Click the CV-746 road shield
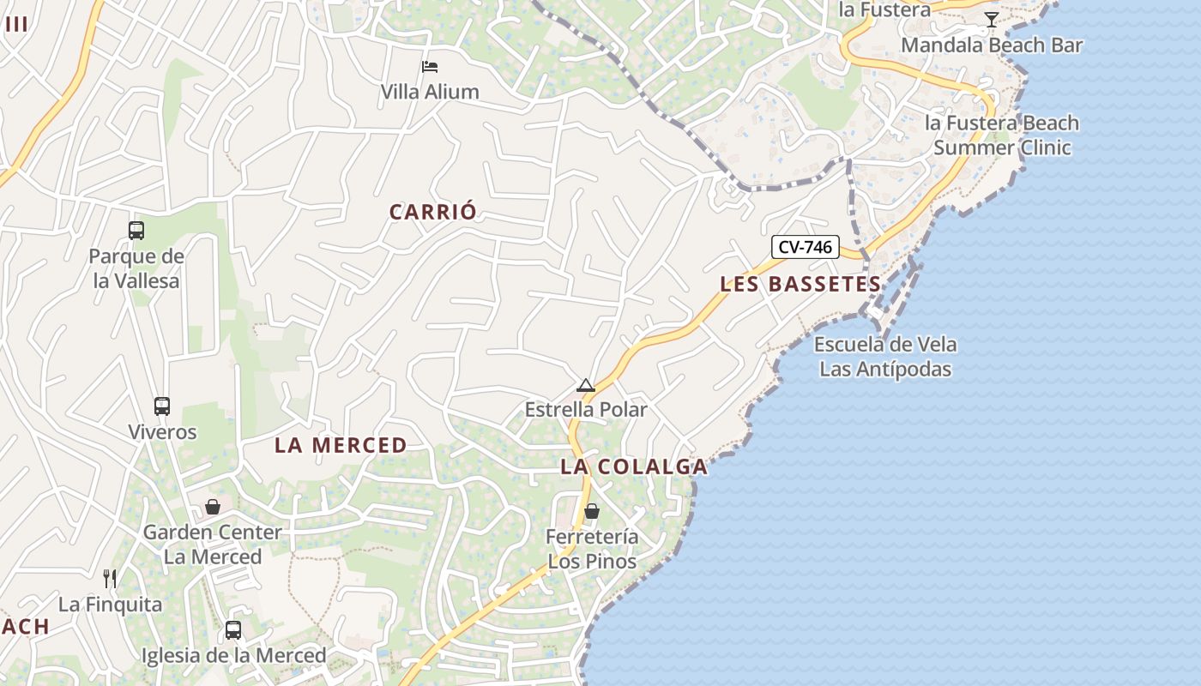point(805,248)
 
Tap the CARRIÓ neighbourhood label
point(433,212)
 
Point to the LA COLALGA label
point(634,467)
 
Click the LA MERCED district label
point(341,445)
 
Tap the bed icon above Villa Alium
point(430,67)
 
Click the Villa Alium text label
point(430,92)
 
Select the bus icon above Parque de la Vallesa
point(136,231)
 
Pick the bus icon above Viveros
point(162,406)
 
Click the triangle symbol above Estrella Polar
point(586,386)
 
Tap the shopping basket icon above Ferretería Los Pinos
point(592,512)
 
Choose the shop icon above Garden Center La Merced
point(213,507)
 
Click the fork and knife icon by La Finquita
point(110,579)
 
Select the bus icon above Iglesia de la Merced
point(233,630)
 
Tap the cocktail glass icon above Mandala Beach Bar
point(992,20)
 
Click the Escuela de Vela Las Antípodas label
point(885,357)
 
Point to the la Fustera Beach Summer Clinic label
point(1002,135)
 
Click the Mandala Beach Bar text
point(992,45)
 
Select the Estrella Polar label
point(586,410)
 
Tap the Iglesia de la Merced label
point(233,656)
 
